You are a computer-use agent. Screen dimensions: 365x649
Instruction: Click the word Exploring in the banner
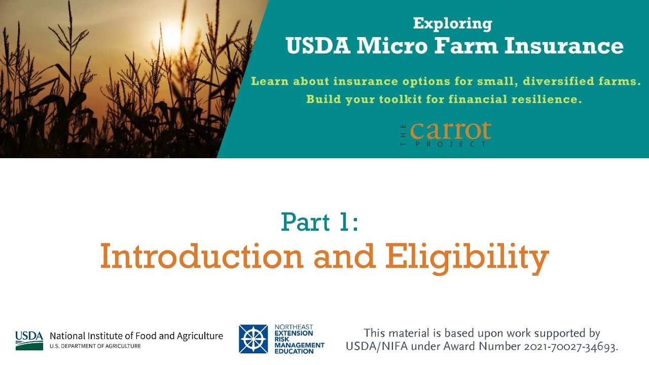[x=452, y=23]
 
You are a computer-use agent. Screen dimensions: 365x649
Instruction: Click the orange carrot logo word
[x=450, y=131]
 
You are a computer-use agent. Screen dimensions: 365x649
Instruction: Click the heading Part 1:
[x=320, y=222]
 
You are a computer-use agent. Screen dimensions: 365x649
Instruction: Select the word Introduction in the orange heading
[x=201, y=257]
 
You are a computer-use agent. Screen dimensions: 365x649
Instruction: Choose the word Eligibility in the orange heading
[x=466, y=258]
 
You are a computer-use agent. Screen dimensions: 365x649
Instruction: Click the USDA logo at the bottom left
[x=29, y=340]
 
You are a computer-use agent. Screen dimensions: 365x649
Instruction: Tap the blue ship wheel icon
[x=253, y=339]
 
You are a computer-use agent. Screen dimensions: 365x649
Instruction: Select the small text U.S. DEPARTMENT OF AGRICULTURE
[x=95, y=346]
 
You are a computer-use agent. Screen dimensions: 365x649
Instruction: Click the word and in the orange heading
[x=344, y=257]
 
